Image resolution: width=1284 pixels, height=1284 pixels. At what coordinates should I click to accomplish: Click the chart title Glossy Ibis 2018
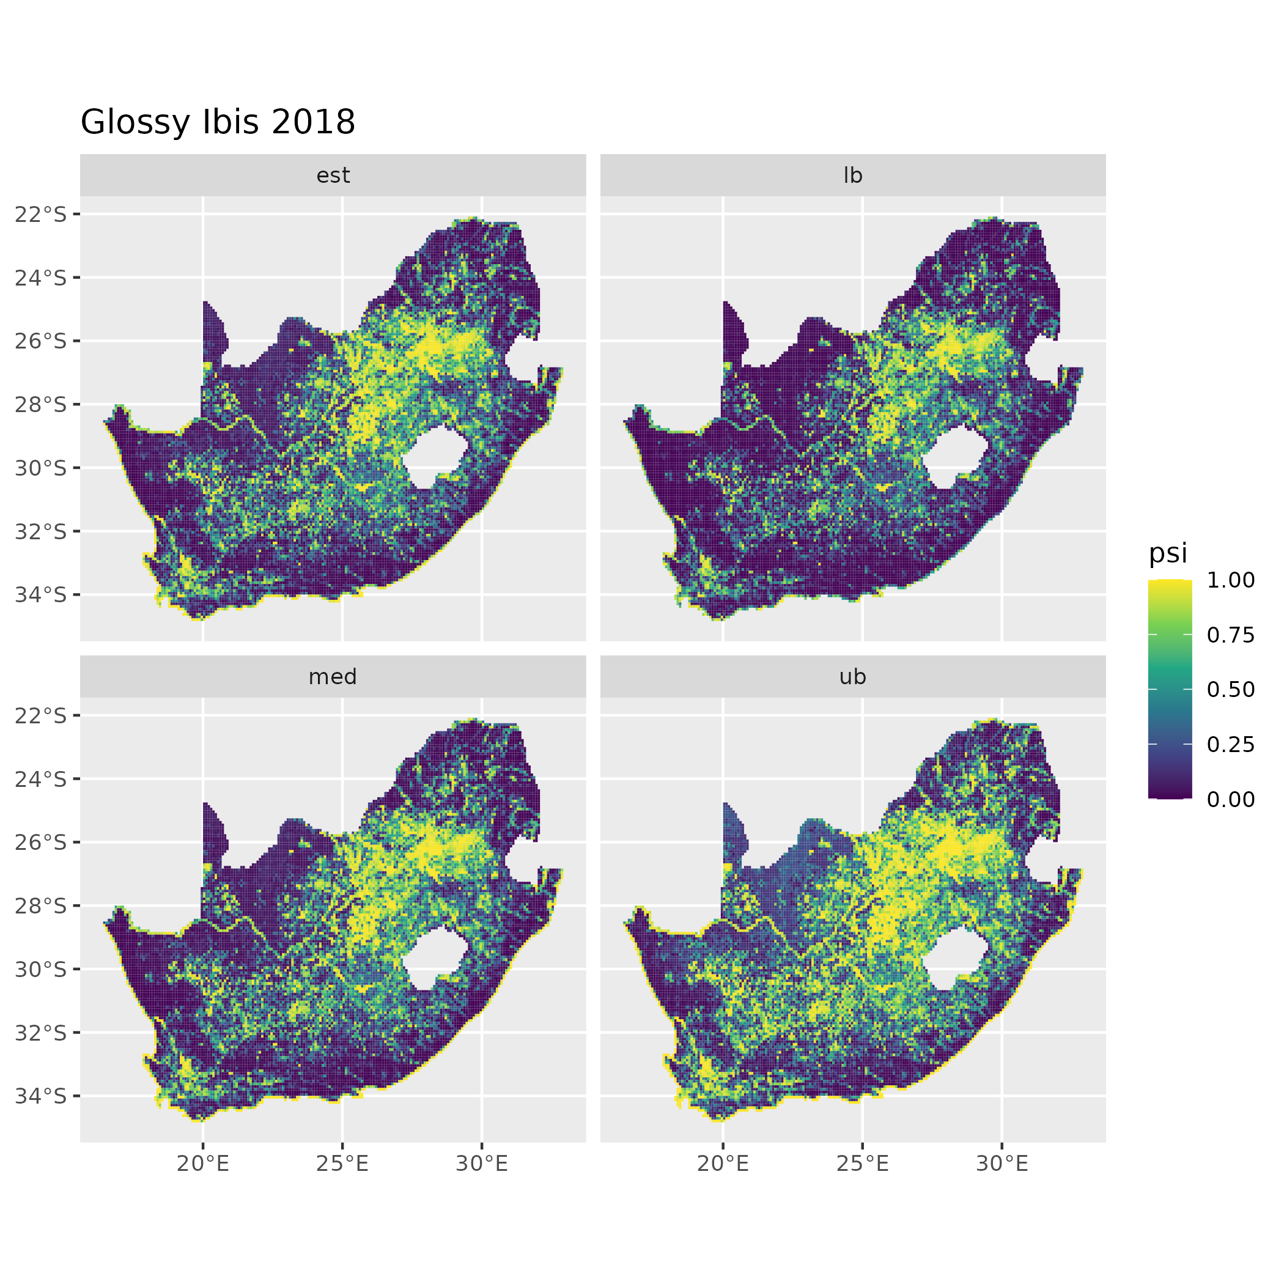coord(217,122)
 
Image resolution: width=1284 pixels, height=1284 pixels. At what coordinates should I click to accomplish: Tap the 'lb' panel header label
coord(853,175)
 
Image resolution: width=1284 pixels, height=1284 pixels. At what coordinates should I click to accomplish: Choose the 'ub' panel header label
coord(853,677)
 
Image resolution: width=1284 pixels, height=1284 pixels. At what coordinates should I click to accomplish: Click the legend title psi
coord(1168,553)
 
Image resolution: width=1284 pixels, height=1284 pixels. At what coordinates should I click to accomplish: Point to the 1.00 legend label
coord(1230,580)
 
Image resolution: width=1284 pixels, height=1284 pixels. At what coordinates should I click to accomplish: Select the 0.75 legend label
coord(1230,635)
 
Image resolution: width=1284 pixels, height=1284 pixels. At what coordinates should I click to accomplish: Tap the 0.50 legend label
coord(1230,690)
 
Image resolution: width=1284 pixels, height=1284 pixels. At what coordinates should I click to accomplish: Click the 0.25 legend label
coord(1230,744)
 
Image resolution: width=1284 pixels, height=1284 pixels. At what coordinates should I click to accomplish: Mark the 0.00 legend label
coord(1230,799)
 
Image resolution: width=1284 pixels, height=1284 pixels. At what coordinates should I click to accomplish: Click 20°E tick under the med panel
coord(203,1164)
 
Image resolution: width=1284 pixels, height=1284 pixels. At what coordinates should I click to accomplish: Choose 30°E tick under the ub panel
coord(1002,1164)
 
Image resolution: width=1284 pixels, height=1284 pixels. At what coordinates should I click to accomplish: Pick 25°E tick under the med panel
coord(342,1164)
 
